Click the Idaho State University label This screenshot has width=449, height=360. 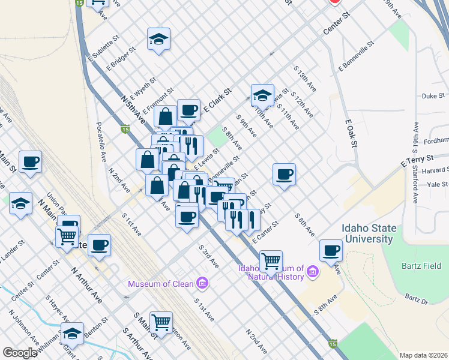pos(367,233)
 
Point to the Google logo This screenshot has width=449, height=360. pos(20,353)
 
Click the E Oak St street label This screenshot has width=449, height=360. pos(352,133)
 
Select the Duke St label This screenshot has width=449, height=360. pos(433,95)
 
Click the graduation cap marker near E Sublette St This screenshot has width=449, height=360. pos(158,40)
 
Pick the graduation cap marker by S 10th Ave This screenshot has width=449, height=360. pos(262,95)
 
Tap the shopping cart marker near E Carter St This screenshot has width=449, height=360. pos(271,261)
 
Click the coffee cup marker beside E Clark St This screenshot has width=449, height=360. pos(188,110)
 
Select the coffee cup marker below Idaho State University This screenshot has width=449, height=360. pos(330,250)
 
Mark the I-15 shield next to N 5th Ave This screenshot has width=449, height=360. pos(125,128)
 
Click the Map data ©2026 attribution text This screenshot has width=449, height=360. pos(423,355)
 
